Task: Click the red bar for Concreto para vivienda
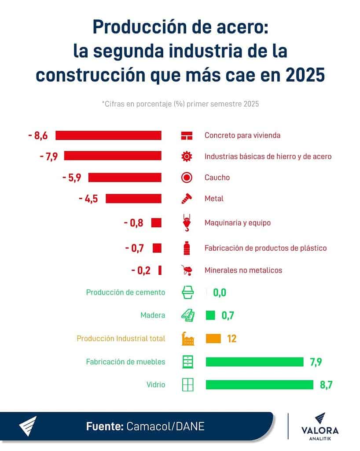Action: point(108,136)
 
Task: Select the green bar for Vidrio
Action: point(259,384)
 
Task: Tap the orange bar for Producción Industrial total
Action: point(213,339)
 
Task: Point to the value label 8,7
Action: point(326,384)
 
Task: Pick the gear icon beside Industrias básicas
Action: point(187,156)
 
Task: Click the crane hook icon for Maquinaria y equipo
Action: point(187,222)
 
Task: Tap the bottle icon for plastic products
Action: point(187,248)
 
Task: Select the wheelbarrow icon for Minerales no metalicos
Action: point(187,270)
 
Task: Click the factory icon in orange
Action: point(187,339)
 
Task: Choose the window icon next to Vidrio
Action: point(187,384)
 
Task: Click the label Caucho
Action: point(217,177)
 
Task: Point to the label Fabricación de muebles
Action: point(125,362)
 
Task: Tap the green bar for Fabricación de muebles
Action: point(254,362)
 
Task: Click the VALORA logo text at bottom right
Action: point(320,431)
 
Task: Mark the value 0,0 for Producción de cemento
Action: point(220,292)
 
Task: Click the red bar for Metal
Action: point(133,199)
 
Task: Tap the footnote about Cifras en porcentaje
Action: point(180,104)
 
